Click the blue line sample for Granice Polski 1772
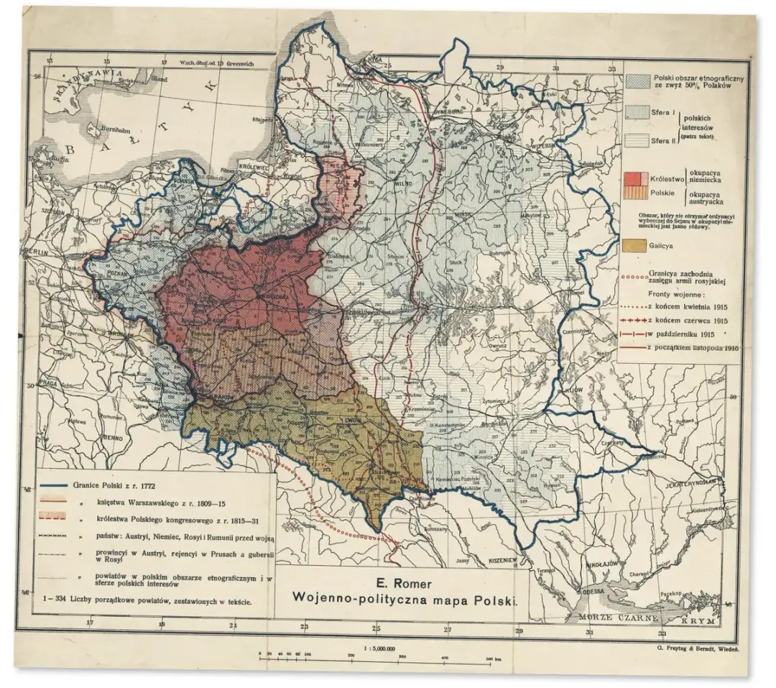click(x=58, y=487)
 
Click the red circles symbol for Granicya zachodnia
click(x=632, y=274)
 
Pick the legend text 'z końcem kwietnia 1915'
click(x=686, y=305)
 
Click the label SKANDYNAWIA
click(x=79, y=88)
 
